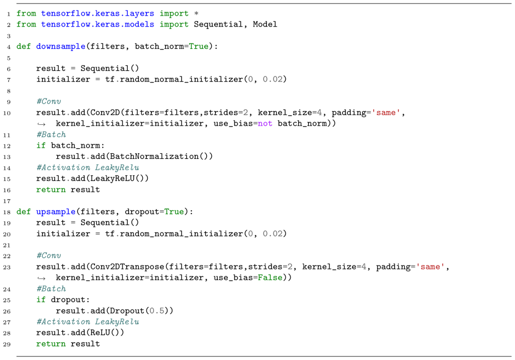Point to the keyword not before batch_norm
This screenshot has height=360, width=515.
tap(265, 123)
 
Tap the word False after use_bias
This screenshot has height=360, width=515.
tap(270, 278)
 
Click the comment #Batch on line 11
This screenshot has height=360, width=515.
tap(51, 134)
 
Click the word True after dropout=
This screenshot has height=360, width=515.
tap(174, 212)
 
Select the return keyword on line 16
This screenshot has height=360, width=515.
tap(51, 190)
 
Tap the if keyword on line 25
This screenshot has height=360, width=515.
tap(41, 300)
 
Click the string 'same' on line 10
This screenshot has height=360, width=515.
tap(386, 113)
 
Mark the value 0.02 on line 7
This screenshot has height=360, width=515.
tap(272, 79)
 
